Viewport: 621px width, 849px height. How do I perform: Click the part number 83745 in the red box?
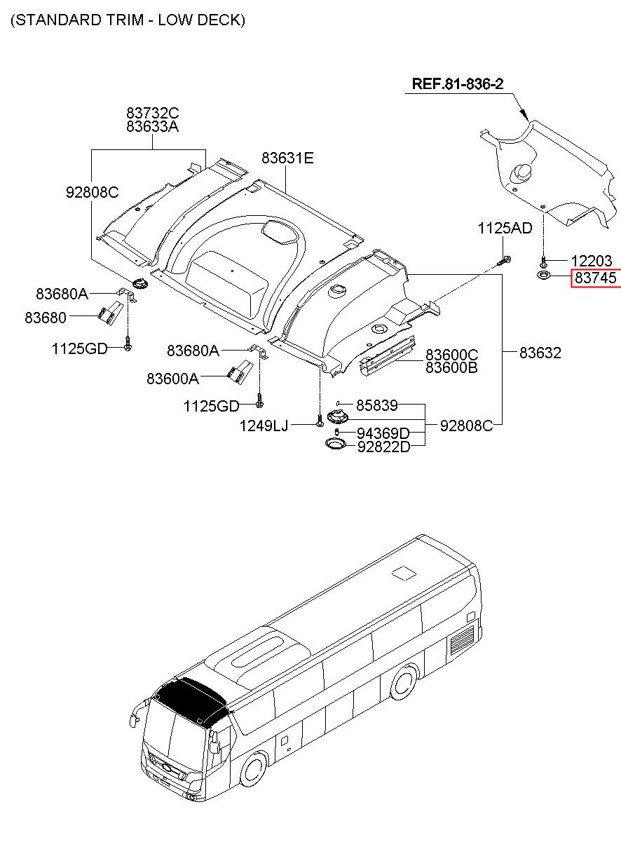595,278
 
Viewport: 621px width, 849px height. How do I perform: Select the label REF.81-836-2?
457,84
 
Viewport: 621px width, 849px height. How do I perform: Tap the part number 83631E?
287,158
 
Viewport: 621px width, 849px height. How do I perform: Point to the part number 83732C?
153,112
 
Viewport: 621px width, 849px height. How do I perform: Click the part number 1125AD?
505,228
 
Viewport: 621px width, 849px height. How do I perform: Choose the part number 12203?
592,261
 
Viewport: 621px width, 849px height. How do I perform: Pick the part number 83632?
540,353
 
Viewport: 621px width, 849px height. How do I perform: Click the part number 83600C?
452,354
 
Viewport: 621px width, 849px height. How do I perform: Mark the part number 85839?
377,405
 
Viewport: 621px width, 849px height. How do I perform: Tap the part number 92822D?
383,447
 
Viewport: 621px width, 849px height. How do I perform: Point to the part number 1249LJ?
264,425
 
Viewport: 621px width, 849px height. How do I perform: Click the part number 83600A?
172,379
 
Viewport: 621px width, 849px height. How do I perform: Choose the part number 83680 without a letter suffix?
46,318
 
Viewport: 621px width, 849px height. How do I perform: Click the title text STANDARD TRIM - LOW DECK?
128,20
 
